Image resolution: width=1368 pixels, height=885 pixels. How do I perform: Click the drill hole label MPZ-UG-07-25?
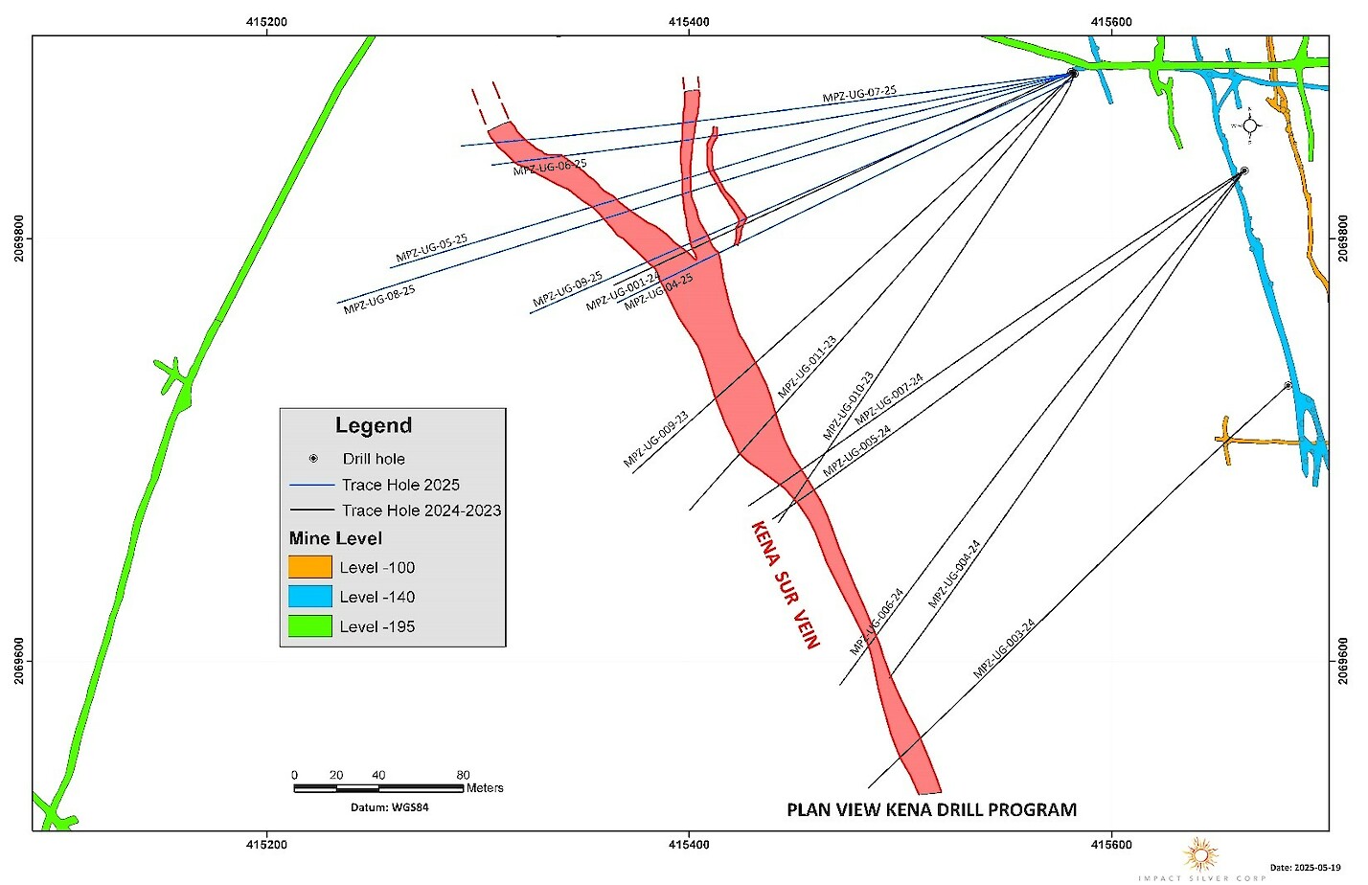859,94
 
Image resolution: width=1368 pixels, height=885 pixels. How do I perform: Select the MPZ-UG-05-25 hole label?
431,248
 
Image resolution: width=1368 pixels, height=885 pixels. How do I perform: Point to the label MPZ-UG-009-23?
655,441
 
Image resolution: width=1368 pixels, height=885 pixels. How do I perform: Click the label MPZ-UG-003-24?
1004,649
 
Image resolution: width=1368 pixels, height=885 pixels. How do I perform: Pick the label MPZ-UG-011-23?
807,367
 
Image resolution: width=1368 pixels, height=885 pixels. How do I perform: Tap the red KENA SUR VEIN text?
785,584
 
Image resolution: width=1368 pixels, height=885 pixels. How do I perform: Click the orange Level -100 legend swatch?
310,567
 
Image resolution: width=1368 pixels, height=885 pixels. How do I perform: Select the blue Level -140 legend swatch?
310,597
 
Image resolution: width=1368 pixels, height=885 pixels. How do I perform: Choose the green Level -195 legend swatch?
310,626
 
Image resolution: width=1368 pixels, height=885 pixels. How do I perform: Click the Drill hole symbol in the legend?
313,459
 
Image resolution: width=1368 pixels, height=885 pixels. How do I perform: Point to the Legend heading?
373,425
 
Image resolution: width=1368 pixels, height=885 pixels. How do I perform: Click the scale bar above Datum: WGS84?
378,788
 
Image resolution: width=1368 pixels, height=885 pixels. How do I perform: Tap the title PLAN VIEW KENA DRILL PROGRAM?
931,810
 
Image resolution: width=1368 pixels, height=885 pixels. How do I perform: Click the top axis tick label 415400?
689,22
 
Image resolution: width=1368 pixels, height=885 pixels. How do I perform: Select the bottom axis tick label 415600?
1110,845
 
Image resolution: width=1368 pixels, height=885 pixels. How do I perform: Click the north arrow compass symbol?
1249,125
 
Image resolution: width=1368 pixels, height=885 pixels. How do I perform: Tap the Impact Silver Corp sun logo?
1201,853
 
